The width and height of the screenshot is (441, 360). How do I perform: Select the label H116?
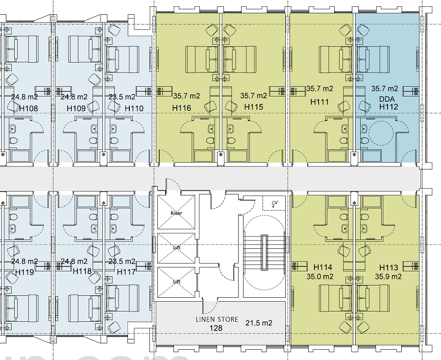coord(181,107)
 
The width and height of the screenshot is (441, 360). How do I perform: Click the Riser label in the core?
coord(176,214)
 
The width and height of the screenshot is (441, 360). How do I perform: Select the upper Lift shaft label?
coord(176,248)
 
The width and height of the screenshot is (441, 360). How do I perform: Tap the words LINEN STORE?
coord(217,319)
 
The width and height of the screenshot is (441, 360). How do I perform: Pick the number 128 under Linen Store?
coord(217,328)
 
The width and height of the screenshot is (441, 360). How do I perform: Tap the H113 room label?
coord(389,267)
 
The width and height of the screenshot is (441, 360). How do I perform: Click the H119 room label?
coord(24,271)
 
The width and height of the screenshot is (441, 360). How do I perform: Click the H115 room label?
coord(254,107)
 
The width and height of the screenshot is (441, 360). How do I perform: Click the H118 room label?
coord(82,271)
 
